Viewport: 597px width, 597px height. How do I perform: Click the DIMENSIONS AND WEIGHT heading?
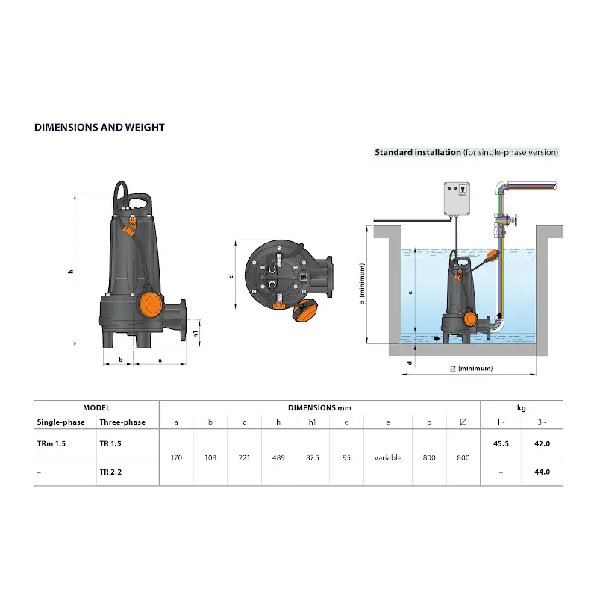click(x=99, y=127)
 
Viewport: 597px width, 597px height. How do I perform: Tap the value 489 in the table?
click(x=278, y=457)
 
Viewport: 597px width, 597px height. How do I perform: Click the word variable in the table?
click(x=387, y=457)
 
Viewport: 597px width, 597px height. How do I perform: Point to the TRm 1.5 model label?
click(x=51, y=443)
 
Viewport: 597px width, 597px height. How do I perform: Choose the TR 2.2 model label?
click(x=110, y=472)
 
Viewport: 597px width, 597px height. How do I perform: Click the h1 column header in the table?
click(x=312, y=422)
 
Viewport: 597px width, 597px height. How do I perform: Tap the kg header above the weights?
click(x=522, y=407)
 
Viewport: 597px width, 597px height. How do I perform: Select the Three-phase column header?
click(x=122, y=422)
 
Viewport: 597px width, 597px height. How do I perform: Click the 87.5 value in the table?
click(x=312, y=457)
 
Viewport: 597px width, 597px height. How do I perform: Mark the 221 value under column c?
click(x=244, y=457)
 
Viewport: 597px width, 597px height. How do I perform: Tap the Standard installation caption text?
click(x=466, y=152)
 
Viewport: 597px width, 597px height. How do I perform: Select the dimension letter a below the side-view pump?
click(x=160, y=360)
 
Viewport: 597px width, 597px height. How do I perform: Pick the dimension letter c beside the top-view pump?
click(x=231, y=275)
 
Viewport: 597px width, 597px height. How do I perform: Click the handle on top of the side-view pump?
click(x=139, y=201)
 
